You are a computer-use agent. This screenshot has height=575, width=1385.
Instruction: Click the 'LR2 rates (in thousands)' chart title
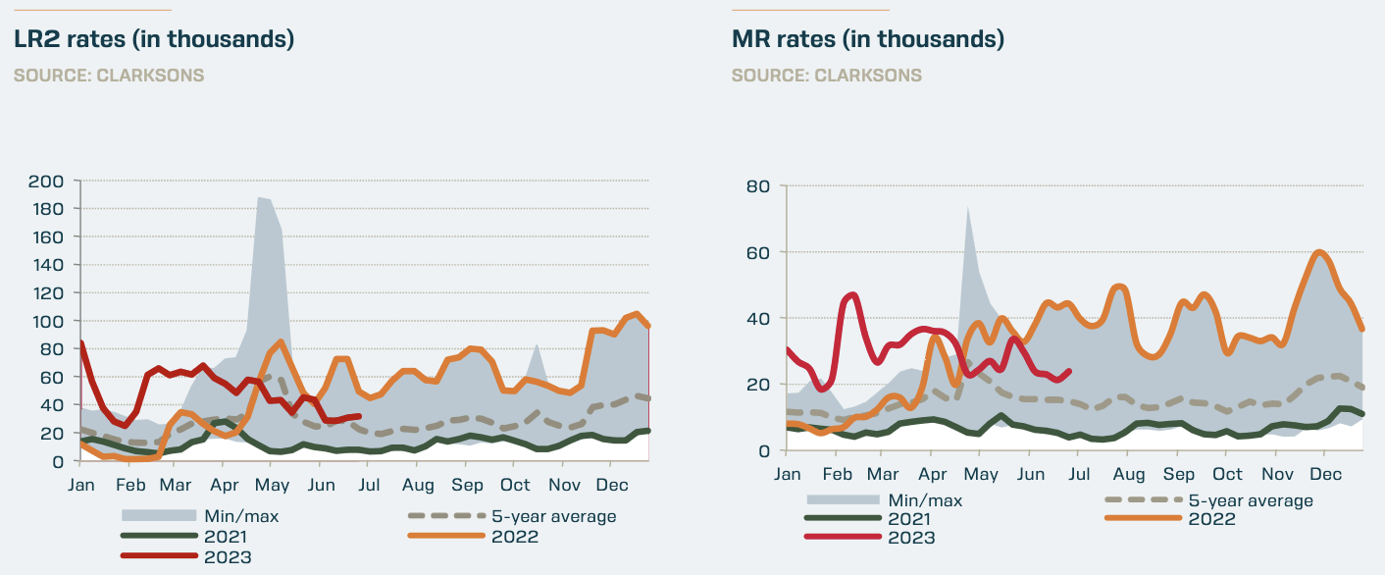point(154,40)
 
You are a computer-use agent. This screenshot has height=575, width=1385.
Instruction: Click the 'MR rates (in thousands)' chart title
point(867,40)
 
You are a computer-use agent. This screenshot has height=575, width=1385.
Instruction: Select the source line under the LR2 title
point(109,76)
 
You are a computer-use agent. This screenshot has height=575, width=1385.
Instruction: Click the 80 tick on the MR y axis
point(759,185)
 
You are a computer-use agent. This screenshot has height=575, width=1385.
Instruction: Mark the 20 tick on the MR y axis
point(759,385)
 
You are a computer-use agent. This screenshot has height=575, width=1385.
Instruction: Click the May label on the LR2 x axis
point(272,485)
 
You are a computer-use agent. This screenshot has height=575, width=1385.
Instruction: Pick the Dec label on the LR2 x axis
point(613,485)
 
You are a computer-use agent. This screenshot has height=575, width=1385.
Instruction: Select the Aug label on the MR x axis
point(1128,474)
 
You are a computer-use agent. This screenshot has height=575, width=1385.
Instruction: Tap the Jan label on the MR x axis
point(787,474)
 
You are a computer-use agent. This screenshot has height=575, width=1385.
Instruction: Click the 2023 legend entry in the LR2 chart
point(228,557)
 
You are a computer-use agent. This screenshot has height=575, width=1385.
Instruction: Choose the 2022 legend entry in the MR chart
point(1211,519)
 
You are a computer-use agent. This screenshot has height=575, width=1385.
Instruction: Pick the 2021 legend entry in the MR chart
point(911,519)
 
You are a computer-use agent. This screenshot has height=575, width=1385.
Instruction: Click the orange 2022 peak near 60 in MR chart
point(1320,252)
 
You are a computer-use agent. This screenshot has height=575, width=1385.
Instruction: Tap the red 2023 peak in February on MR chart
point(850,294)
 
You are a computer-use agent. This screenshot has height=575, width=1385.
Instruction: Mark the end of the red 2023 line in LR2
point(360,416)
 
